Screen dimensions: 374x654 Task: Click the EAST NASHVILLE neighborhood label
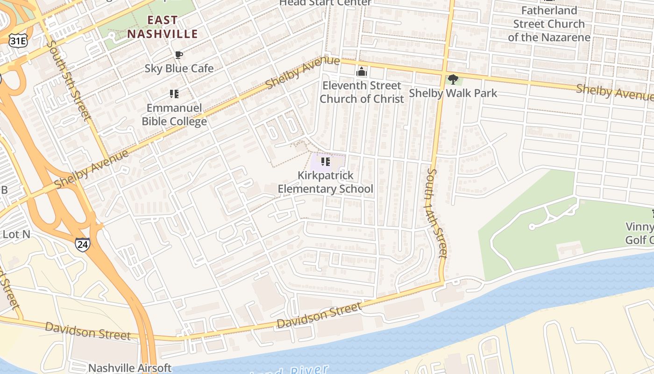coord(163,27)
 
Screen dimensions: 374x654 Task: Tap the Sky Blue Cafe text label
coord(179,68)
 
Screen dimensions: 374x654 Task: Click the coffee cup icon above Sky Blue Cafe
coord(178,55)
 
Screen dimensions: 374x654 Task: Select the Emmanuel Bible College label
coord(174,115)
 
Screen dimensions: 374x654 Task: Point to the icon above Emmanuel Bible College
coord(174,94)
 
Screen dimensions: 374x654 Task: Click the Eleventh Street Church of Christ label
coord(362,92)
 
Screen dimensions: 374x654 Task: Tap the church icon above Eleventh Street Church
coord(361,72)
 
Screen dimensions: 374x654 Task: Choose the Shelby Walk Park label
coord(453,93)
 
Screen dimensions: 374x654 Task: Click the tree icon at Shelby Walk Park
coord(453,79)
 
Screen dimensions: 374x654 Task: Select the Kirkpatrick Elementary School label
coord(326,182)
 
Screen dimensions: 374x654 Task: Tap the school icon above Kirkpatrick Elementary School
coord(326,162)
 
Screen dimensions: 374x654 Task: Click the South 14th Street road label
coord(436,213)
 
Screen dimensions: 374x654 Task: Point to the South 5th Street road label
coord(68,80)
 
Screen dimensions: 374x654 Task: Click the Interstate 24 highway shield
coord(82,244)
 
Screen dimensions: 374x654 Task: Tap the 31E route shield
coord(18,41)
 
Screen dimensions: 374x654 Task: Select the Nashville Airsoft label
coord(130,368)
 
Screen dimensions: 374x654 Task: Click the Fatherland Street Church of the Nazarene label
coord(549,24)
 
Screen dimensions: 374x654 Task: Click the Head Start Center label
coord(325,3)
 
